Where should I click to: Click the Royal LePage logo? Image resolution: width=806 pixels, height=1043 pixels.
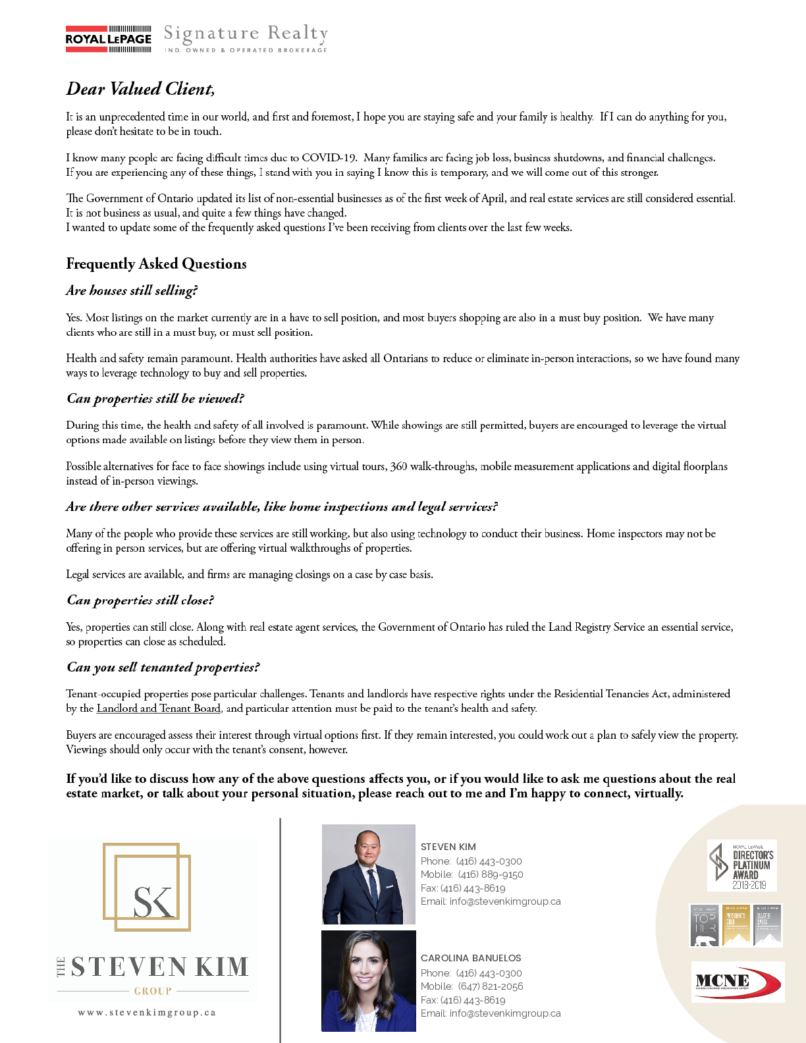[x=109, y=39]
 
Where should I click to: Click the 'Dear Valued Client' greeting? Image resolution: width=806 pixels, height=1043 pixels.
[x=140, y=89]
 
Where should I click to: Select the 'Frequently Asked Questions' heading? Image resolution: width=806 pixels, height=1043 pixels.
[x=156, y=263]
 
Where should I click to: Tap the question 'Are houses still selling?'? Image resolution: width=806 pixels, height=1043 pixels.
[x=132, y=290]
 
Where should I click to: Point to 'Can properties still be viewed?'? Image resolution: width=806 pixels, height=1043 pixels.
[x=155, y=398]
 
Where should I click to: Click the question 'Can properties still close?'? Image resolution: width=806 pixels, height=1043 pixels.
[x=140, y=600]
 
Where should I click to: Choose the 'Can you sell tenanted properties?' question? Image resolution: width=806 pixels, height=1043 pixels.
[x=163, y=667]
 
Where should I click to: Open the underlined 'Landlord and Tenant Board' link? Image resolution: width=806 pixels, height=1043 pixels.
[x=158, y=709]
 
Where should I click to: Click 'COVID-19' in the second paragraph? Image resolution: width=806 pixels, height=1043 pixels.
[x=329, y=158]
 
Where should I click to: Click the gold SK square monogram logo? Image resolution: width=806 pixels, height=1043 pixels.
[x=147, y=886]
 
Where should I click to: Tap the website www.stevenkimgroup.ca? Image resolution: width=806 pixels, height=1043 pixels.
[x=147, y=1013]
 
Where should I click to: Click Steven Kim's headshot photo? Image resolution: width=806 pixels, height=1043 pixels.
[x=368, y=874]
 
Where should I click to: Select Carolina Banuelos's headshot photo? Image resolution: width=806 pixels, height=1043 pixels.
[x=368, y=981]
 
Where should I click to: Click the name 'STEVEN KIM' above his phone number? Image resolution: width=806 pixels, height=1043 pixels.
[x=448, y=847]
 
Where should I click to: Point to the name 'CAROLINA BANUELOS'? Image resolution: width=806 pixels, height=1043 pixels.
[x=471, y=958]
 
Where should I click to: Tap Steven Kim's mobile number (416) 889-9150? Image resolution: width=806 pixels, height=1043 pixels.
[x=491, y=874]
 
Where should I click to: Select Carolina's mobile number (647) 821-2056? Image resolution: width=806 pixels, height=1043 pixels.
[x=491, y=986]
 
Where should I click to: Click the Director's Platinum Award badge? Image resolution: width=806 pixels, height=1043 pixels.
[x=742, y=865]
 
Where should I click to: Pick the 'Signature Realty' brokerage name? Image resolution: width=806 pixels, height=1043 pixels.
[x=246, y=33]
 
